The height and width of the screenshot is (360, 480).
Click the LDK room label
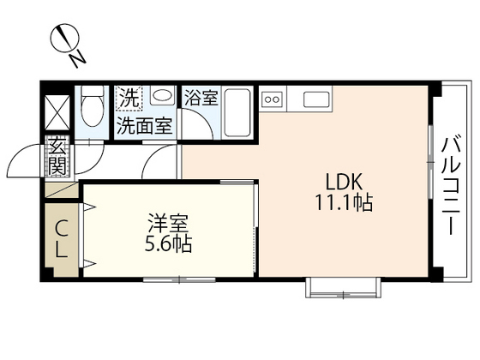(345, 182)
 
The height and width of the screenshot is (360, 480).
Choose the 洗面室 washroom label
(144, 125)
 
